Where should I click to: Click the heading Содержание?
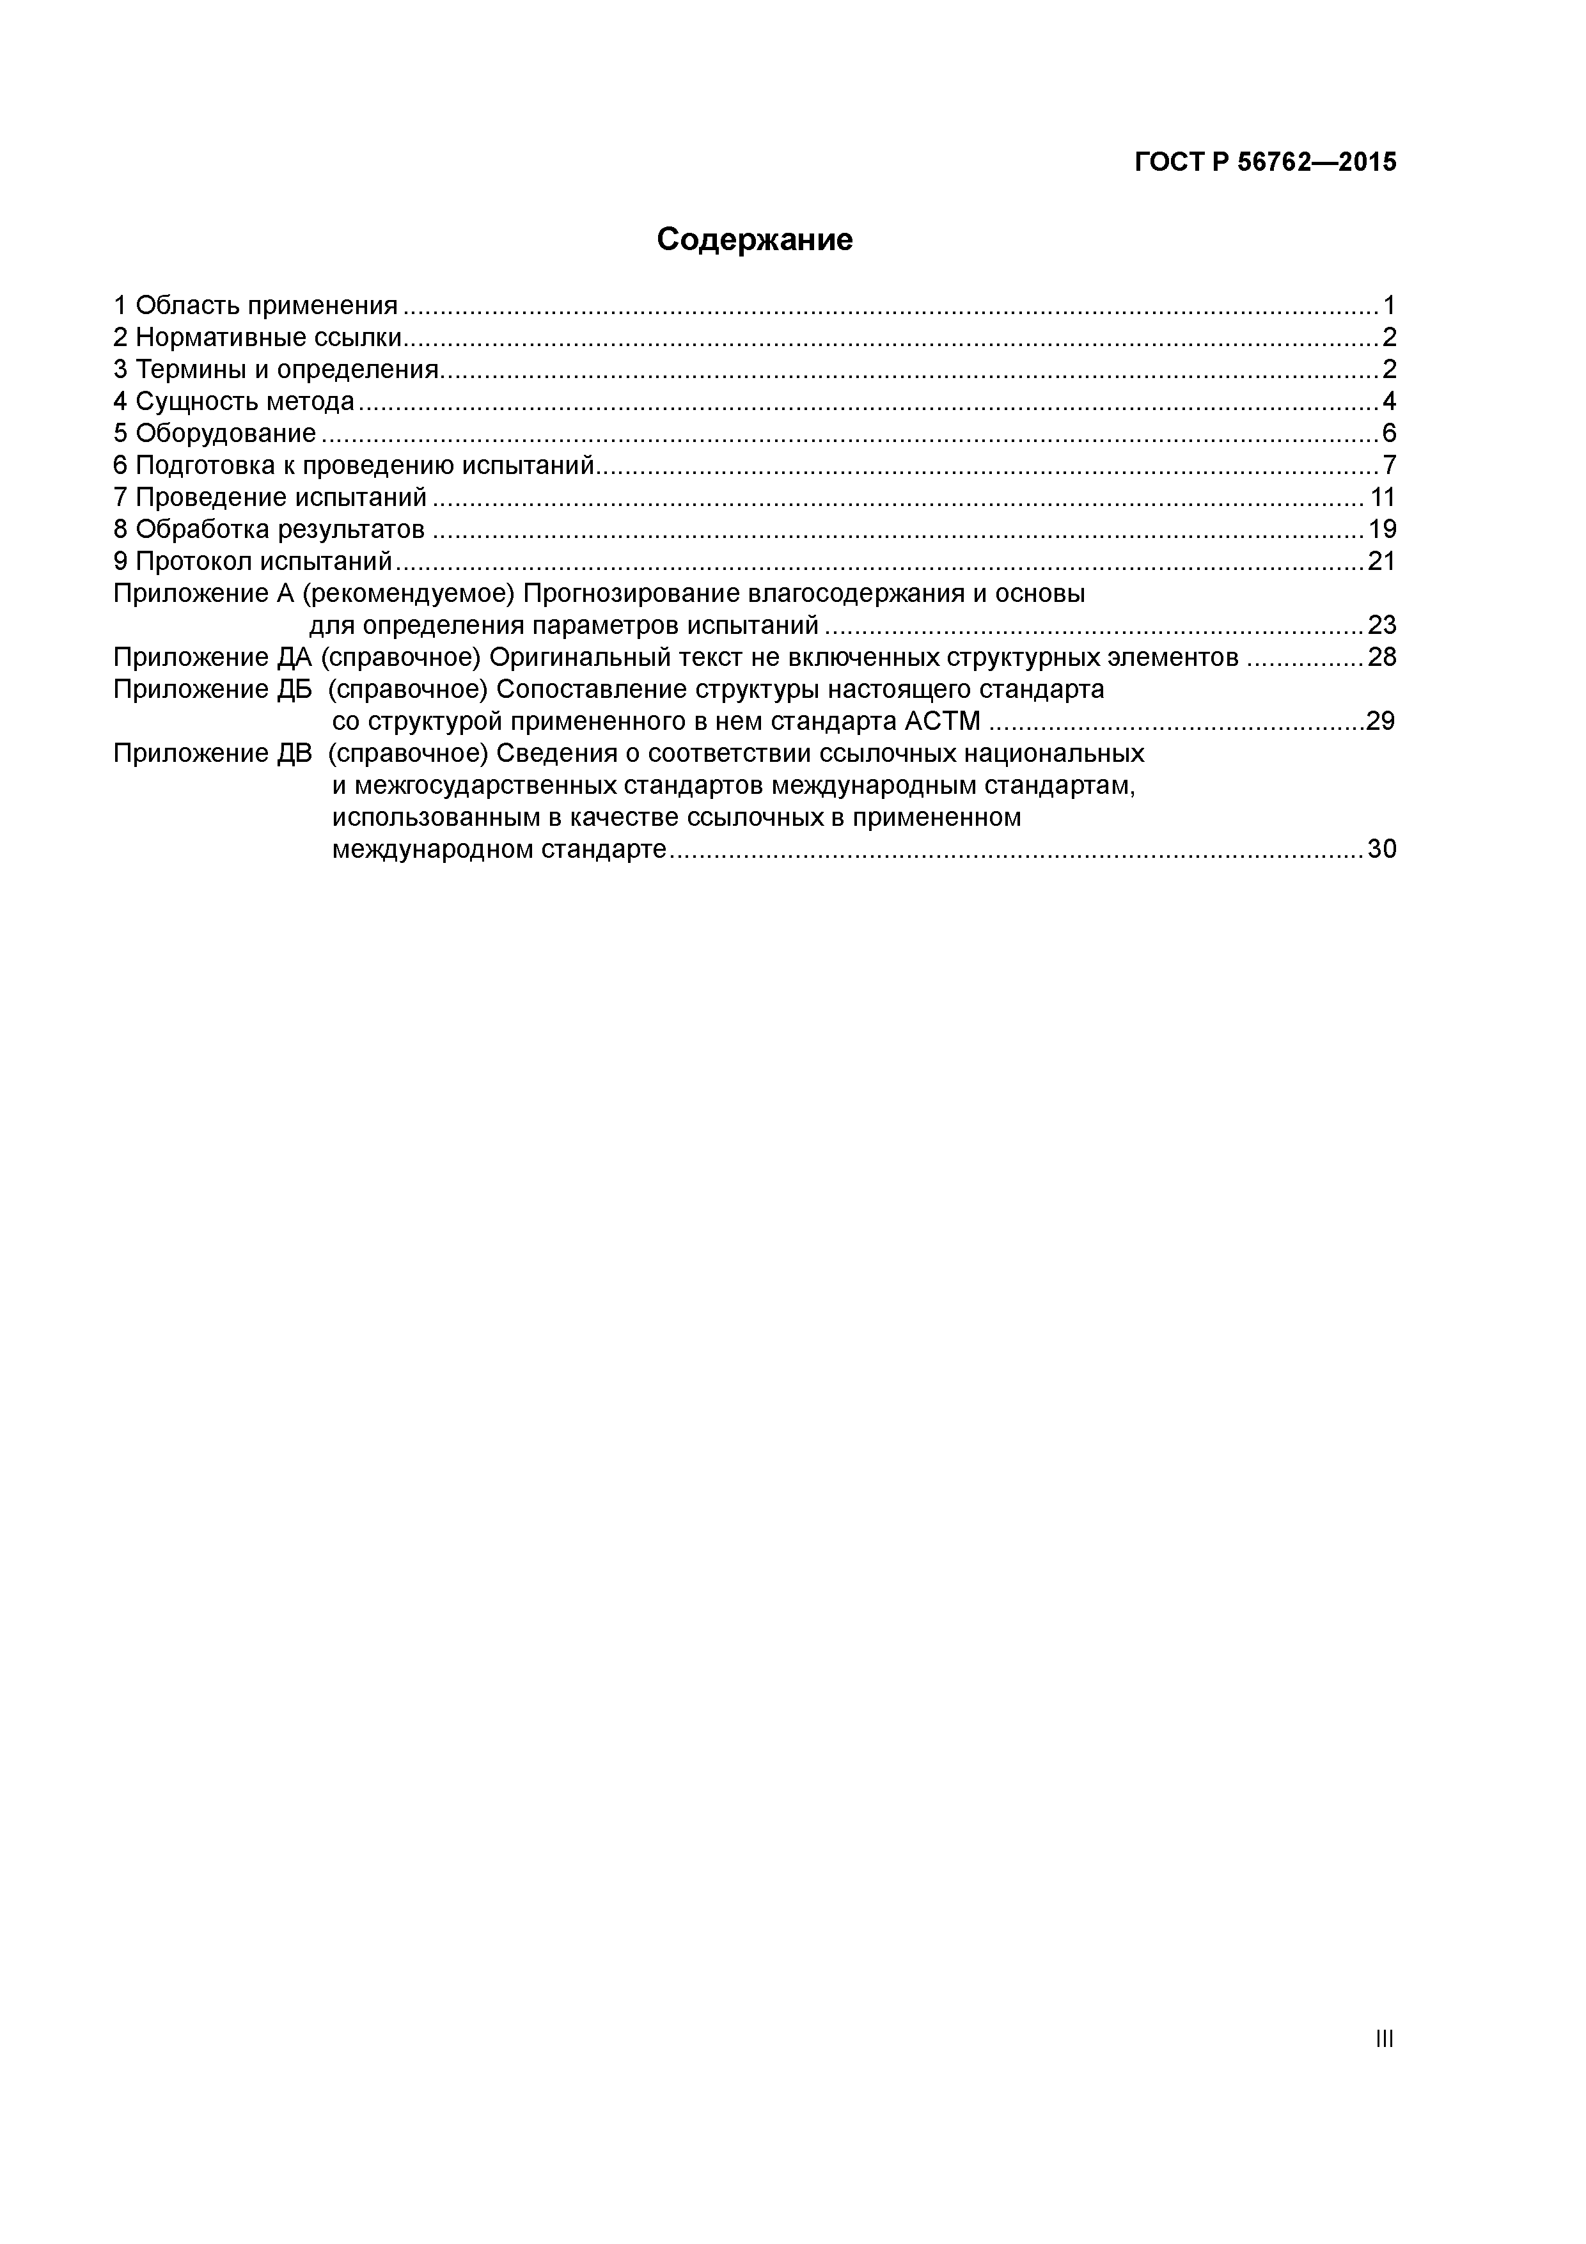pyautogui.click(x=755, y=239)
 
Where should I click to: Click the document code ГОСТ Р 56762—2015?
pyautogui.click(x=1266, y=162)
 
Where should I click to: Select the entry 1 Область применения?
pyautogui.click(x=256, y=306)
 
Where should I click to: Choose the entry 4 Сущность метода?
pyautogui.click(x=233, y=402)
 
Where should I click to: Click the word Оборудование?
pyautogui.click(x=226, y=433)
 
